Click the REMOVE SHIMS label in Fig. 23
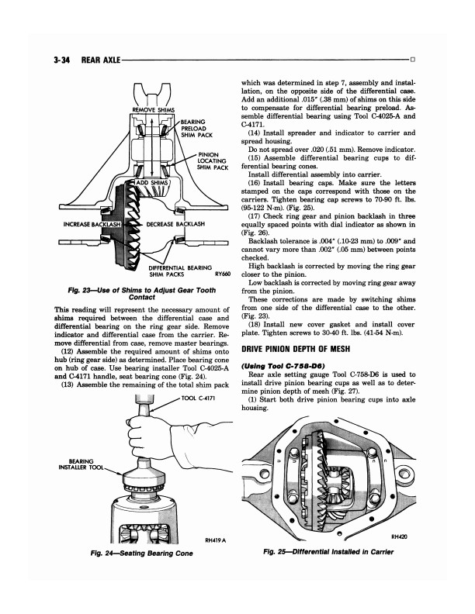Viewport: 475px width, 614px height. coord(154,109)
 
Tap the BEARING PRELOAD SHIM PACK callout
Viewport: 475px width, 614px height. coord(196,129)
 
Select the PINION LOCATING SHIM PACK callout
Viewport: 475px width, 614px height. coord(212,161)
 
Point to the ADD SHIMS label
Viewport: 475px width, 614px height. coord(151,183)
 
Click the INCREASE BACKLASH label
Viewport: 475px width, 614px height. coord(92,224)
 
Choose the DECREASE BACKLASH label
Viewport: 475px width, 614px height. coord(175,224)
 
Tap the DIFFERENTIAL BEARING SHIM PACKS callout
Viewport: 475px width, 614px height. coord(180,271)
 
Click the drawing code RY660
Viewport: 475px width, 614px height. coord(223,274)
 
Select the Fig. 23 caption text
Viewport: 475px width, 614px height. coord(142,294)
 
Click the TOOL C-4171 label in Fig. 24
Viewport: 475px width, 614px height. coord(199,398)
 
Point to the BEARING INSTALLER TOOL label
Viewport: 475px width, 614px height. coord(81,464)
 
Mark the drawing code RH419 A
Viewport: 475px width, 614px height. coord(216,541)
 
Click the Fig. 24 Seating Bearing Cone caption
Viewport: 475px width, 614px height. coord(141,554)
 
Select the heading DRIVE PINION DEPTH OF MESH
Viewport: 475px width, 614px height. coord(296,349)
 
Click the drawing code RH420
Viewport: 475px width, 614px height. coord(399,536)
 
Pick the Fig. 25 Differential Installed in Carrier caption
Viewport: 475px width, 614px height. coord(328,552)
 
